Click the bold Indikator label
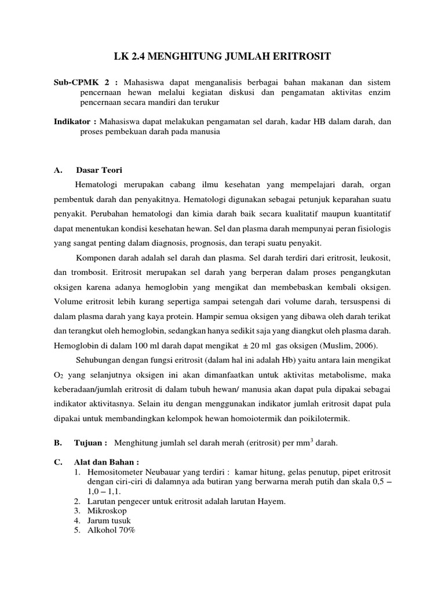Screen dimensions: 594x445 coord(74,122)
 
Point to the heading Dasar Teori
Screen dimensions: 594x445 coord(99,170)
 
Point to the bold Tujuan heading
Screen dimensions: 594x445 coord(90,443)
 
